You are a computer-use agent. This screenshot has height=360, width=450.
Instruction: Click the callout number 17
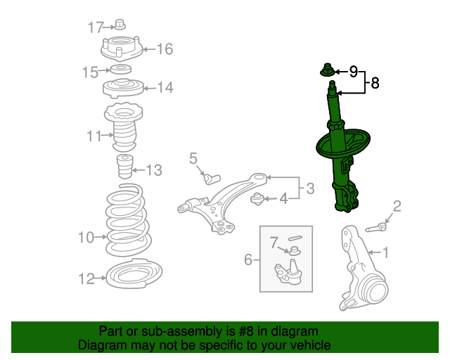(96, 27)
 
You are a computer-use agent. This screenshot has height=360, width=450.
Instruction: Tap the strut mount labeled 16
(122, 49)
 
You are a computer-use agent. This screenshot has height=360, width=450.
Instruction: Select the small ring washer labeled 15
(121, 70)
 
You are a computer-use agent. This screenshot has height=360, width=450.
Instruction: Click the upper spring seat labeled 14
(123, 88)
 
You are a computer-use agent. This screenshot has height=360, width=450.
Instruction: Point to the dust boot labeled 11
(124, 128)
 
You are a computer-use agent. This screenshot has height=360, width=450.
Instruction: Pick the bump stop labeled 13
(125, 167)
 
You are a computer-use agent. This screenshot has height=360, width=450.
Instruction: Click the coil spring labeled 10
(128, 220)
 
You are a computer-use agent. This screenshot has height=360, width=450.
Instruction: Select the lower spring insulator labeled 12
(134, 274)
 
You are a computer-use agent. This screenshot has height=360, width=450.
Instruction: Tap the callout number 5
(193, 158)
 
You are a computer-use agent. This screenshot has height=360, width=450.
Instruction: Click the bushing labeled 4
(257, 199)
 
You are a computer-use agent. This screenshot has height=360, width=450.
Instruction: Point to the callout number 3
(310, 188)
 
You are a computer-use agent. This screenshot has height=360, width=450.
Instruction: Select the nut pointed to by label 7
(294, 251)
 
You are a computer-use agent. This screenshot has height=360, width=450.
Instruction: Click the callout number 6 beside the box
(248, 259)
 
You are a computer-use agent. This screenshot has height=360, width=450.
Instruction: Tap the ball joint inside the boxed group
(288, 272)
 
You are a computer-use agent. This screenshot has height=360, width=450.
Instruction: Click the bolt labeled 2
(375, 228)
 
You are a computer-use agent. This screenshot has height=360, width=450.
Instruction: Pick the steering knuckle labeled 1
(363, 267)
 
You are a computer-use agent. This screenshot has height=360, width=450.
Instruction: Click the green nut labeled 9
(327, 70)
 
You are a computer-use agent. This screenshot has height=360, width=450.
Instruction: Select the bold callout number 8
(375, 83)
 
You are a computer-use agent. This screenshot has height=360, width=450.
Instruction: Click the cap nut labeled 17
(120, 25)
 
